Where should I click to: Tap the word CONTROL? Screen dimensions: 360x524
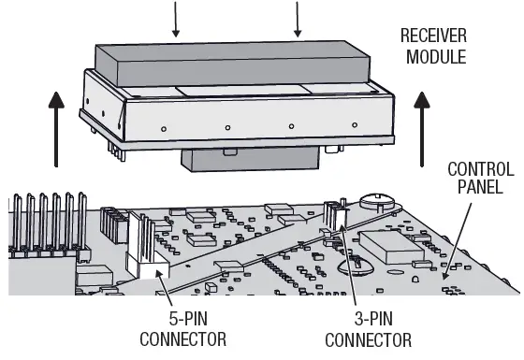pyautogui.click(x=480, y=169)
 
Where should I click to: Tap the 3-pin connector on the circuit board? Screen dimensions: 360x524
pyautogui.click(x=333, y=214)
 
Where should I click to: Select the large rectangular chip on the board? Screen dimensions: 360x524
pyautogui.click(x=393, y=244)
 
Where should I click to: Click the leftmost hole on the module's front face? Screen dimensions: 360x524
pyautogui.click(x=163, y=127)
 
